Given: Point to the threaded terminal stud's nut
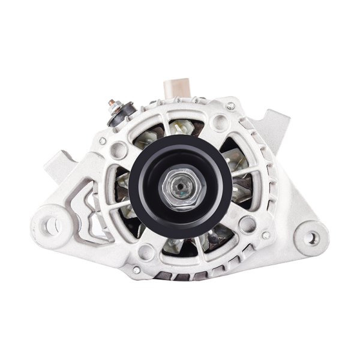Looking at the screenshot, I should coord(113,104).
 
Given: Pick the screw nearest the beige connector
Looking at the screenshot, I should coord(230,106).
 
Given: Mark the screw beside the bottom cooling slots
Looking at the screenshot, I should coord(137,270).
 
